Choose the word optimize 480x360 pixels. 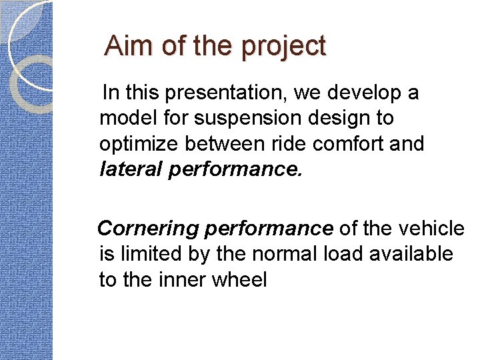tap(140, 145)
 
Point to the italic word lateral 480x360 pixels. tap(131, 170)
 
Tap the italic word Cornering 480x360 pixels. tap(148, 229)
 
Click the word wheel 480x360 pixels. tap(240, 280)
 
